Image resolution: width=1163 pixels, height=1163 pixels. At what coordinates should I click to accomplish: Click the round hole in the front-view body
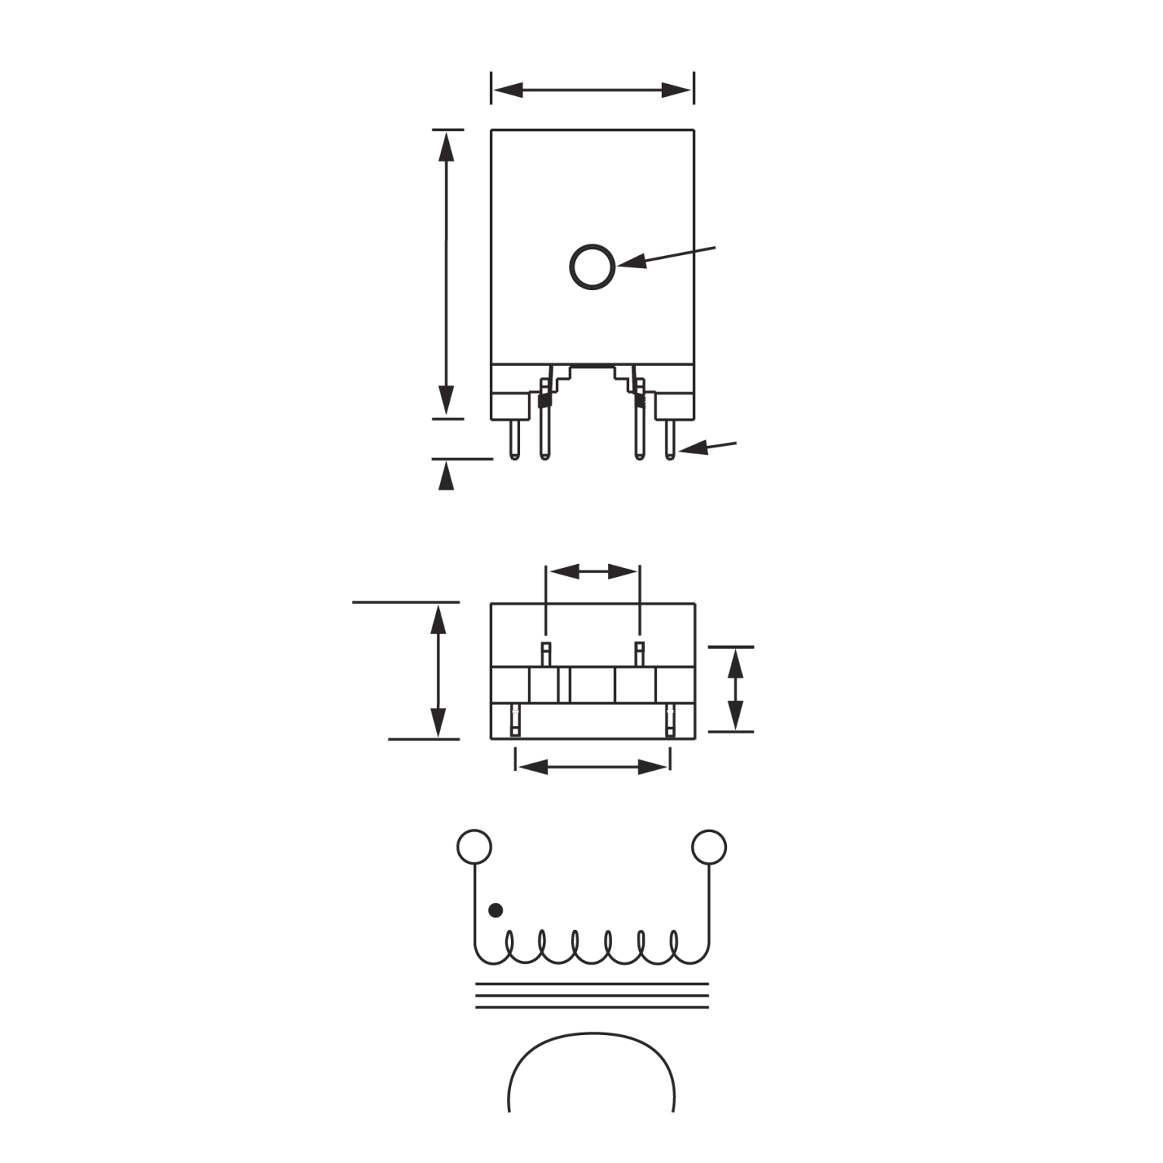tap(592, 267)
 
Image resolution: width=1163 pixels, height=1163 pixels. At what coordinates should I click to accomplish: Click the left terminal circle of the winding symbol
tap(475, 847)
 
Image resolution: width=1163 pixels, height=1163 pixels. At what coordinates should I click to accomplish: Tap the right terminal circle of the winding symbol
tap(709, 847)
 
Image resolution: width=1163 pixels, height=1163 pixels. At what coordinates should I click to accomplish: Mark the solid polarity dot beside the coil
tap(495, 910)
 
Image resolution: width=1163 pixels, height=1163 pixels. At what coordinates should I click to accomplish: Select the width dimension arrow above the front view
tap(592, 90)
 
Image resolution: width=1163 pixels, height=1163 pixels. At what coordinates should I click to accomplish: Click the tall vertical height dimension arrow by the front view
tap(447, 273)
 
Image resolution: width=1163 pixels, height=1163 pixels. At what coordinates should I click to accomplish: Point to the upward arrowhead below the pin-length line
tap(447, 476)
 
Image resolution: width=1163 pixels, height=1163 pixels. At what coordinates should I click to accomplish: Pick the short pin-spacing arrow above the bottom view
tap(593, 572)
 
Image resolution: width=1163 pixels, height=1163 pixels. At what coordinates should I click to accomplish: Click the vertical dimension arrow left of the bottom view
tap(438, 670)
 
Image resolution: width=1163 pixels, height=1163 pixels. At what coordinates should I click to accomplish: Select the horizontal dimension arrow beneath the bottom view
tap(592, 767)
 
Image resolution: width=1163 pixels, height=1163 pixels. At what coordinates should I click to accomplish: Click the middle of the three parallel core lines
tap(592, 996)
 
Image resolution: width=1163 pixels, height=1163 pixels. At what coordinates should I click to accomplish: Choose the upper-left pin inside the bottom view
tap(545, 652)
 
